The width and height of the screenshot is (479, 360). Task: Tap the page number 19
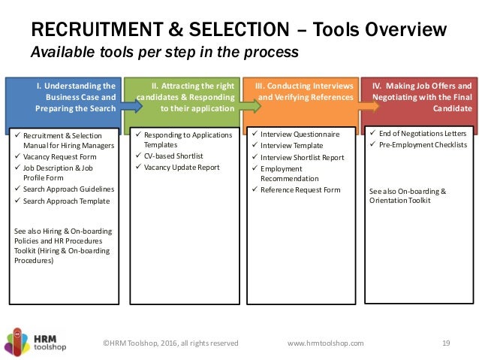[x=445, y=343]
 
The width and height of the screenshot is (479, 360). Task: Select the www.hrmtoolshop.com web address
[x=326, y=343]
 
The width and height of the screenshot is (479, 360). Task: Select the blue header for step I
[x=63, y=97]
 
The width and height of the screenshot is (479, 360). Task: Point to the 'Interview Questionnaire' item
[x=300, y=135]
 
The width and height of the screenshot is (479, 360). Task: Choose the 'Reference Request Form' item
[x=300, y=190]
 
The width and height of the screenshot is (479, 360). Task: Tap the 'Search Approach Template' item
[x=67, y=201]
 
